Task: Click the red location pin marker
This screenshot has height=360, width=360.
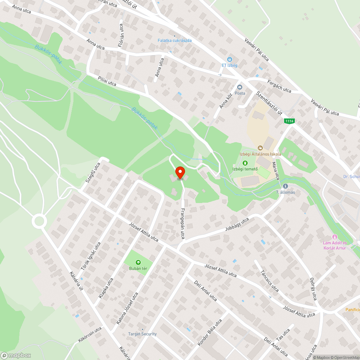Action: (x=180, y=172)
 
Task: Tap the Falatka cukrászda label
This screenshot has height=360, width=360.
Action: (x=175, y=40)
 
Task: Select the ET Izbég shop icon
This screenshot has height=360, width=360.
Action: (x=229, y=59)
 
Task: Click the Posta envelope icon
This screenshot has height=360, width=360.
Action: (x=239, y=87)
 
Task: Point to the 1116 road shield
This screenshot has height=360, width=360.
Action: (x=289, y=121)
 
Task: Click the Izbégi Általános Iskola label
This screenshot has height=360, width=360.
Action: (x=260, y=154)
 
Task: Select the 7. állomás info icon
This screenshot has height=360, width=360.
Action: (x=285, y=186)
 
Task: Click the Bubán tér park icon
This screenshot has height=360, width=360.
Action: (x=138, y=262)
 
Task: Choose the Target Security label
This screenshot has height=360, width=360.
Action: (x=143, y=334)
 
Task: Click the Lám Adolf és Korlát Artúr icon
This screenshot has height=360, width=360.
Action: (x=335, y=237)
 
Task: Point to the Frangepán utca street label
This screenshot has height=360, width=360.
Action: (x=183, y=224)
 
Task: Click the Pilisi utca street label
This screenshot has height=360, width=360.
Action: (x=107, y=81)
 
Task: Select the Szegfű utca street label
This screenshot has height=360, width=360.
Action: (x=93, y=173)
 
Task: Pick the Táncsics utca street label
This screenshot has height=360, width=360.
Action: (x=270, y=281)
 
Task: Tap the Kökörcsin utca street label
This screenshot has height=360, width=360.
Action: (x=90, y=334)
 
